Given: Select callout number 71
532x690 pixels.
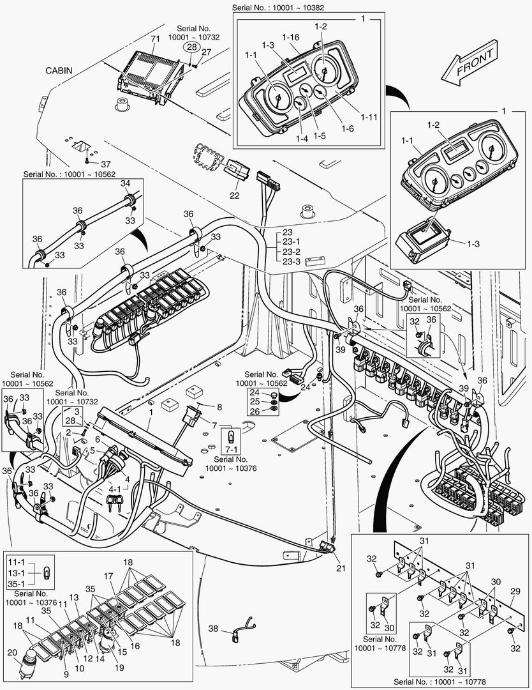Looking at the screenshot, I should [x=154, y=40].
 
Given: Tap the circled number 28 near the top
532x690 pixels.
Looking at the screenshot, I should [x=191, y=47].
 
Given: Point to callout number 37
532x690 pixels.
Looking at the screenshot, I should [x=105, y=164].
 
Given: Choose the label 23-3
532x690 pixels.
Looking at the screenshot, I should [x=291, y=262].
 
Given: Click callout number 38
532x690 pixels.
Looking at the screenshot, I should [x=214, y=629].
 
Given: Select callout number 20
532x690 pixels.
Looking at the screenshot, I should [x=11, y=652].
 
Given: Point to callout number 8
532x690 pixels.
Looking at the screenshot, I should [x=219, y=406].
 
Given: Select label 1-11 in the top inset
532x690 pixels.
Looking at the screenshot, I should [x=369, y=117].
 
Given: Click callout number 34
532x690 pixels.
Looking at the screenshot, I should [x=126, y=184].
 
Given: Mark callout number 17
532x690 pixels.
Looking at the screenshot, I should [x=108, y=575].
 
